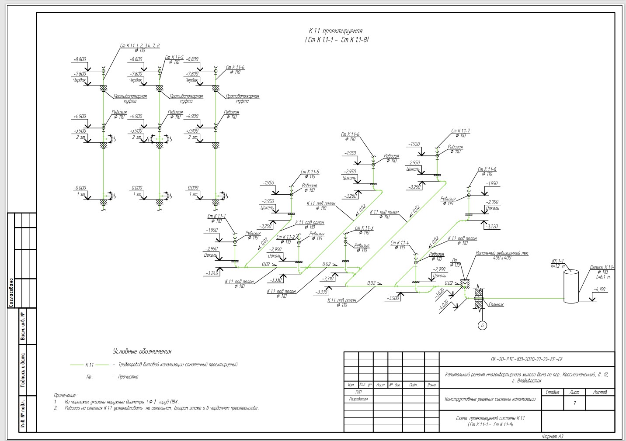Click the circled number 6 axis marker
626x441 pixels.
tap(482, 325)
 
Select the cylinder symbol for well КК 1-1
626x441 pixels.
tap(570, 286)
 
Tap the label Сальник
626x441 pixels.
tap(497, 304)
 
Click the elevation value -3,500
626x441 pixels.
tap(392, 298)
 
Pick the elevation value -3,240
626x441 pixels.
tap(212, 273)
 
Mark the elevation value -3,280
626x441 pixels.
tap(351, 196)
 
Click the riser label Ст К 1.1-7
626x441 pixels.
tap(461, 131)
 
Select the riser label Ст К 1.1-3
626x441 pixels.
tap(364, 228)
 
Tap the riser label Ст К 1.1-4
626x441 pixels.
tap(400, 243)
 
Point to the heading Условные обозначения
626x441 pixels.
tap(142, 351)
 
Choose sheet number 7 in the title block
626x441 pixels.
tap(574, 403)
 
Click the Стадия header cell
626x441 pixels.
tap(553, 392)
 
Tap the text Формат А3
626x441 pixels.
tap(553, 436)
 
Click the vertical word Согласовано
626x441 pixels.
tap(11, 292)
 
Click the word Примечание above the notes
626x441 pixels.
tap(65, 395)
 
